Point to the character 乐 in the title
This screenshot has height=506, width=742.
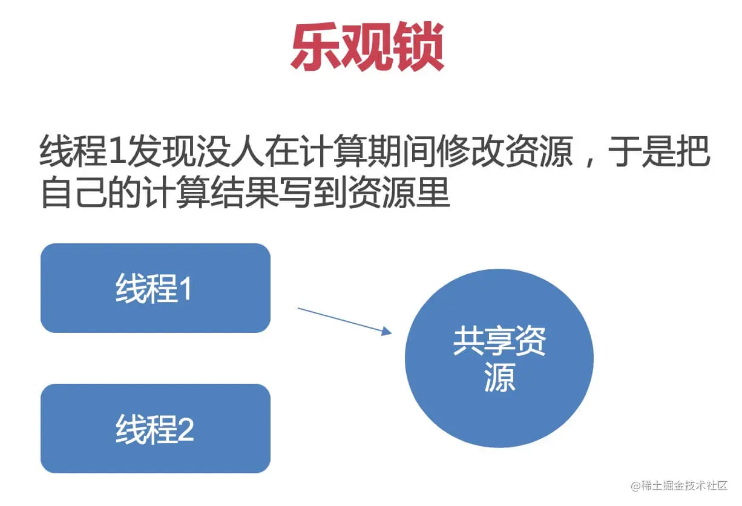(x=315, y=48)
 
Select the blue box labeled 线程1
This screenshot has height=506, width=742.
(x=155, y=288)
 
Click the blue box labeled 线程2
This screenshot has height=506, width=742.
(x=155, y=429)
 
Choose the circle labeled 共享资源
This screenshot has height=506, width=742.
(x=499, y=358)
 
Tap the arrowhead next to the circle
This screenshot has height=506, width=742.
(x=387, y=331)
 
